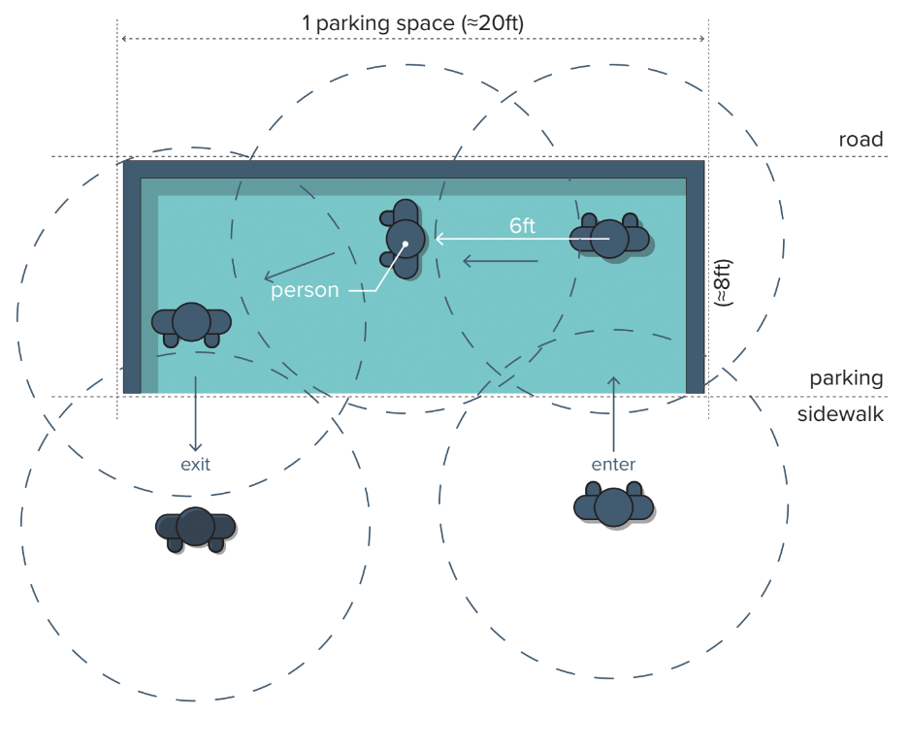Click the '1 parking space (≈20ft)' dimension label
point(412,23)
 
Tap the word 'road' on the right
point(861,140)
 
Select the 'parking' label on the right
point(846,378)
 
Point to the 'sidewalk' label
point(840,414)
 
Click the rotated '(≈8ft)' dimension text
point(723,283)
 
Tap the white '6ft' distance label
point(522,226)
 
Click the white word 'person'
point(305,289)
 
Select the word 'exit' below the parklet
point(195,464)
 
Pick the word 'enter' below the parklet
point(613,464)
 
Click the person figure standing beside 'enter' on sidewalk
point(613,506)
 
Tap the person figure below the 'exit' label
point(195,527)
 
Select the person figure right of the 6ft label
point(609,238)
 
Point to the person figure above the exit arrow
point(191,323)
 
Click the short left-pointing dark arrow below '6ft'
point(499,260)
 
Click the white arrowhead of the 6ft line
point(439,238)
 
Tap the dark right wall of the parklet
point(695,281)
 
